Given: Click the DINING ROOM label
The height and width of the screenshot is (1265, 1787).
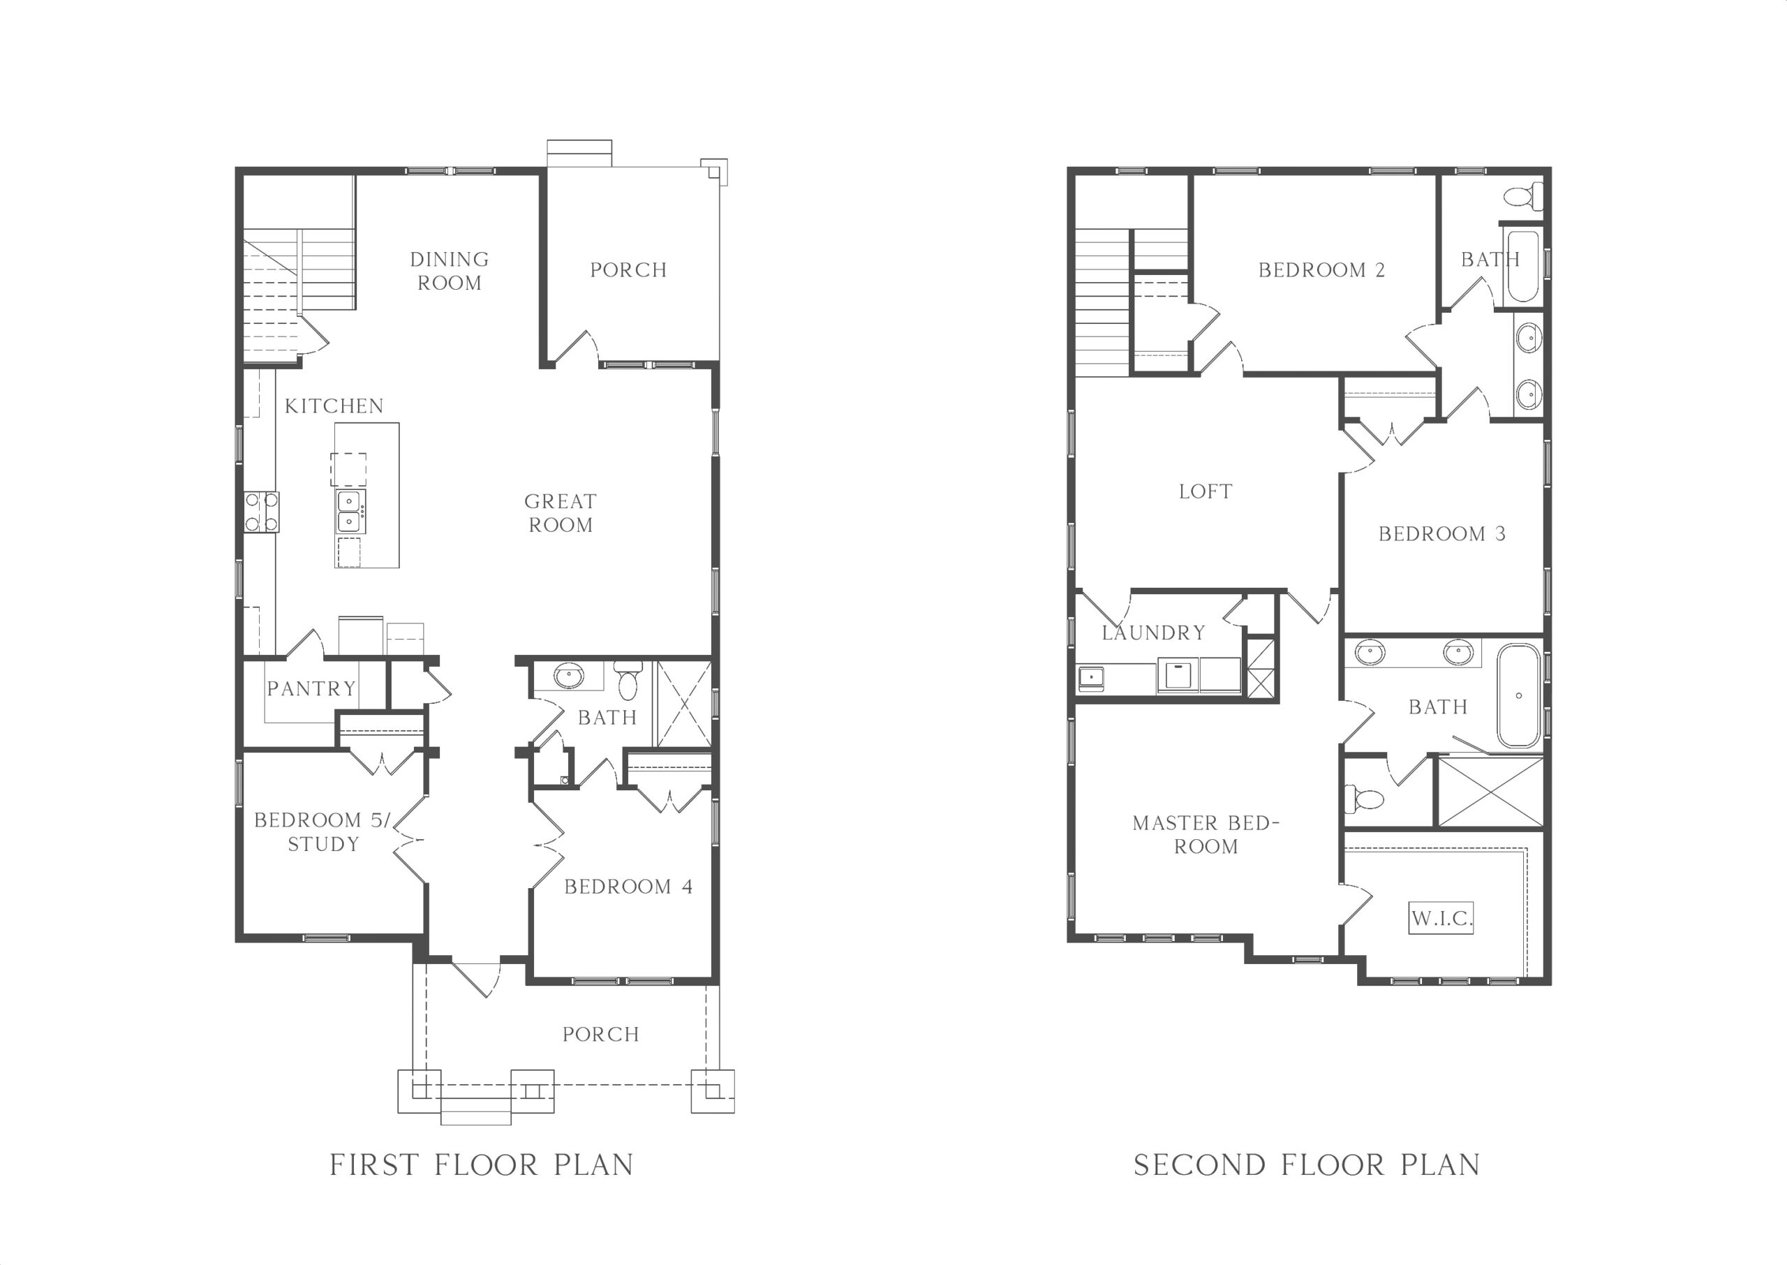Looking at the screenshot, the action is [x=450, y=271].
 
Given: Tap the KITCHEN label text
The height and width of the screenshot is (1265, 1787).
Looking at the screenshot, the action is [x=334, y=406].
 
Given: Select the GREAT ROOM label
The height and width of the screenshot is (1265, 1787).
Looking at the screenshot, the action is [x=561, y=513].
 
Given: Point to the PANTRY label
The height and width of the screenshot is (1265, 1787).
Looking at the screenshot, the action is [x=311, y=688].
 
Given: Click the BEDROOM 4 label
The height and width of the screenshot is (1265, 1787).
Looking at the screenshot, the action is [x=628, y=887].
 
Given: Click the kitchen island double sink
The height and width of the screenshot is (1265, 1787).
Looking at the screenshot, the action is [x=350, y=511].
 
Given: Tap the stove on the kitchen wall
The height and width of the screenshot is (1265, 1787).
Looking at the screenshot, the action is [x=262, y=512].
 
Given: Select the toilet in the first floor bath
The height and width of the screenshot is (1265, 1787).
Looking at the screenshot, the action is [x=628, y=680].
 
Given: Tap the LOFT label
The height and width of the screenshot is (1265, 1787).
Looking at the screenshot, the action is [x=1206, y=491].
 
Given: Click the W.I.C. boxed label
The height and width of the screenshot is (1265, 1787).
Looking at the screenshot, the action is [x=1441, y=917].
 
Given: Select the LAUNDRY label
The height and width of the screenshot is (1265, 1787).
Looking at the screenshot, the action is [x=1154, y=632].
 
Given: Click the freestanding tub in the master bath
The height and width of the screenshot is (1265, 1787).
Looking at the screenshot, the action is [x=1518, y=695].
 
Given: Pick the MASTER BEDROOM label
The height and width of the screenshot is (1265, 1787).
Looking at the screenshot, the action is [x=1206, y=834].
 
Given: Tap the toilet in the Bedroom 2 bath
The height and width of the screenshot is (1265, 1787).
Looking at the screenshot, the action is [x=1523, y=195].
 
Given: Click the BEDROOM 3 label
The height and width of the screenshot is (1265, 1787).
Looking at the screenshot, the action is [x=1442, y=533].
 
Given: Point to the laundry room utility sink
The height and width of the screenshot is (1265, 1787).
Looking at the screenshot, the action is [x=1090, y=678].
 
